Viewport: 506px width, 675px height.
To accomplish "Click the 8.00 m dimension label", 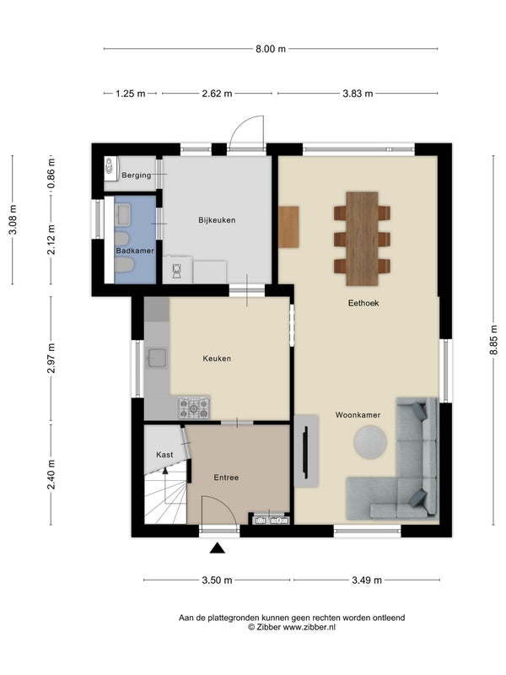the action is pos(271,49).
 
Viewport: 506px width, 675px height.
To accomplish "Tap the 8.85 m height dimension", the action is pos(493,340).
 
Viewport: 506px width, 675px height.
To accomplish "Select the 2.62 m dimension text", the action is pos(217,94).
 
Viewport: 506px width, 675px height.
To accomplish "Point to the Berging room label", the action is pos(137,175).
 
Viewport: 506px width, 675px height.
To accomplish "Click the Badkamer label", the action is pos(135,251).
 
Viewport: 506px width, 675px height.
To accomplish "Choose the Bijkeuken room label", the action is pos(217,220).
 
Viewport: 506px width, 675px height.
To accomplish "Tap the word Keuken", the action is pos(217,358).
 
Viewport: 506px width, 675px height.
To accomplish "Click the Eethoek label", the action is pos(363,303).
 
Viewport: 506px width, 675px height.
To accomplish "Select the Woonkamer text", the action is pos(358,415).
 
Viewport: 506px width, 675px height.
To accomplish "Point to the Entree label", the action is pos(226,478).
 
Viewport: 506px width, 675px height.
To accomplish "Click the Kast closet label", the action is pos(164,455).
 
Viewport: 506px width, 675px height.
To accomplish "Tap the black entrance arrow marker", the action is pos(218,548).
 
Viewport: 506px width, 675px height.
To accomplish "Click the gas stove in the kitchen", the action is pos(194,408).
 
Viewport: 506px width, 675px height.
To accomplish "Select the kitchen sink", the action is pos(156,358).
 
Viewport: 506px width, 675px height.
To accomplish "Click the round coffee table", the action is pos(370,441).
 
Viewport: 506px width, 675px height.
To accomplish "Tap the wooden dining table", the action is pos(362,239).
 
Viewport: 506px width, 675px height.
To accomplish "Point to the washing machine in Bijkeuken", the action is pos(177,270).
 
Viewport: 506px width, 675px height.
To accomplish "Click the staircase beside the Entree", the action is pos(165,496).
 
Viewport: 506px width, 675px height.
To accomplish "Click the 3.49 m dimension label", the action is pos(367,580).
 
